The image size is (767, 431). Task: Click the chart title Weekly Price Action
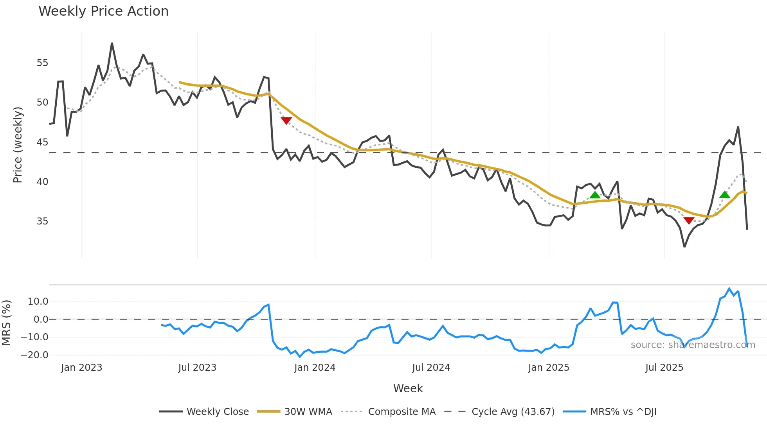point(103,11)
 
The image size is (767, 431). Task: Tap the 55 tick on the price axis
point(42,63)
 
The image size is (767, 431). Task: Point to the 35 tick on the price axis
point(42,221)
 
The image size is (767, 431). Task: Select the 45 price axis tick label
point(42,142)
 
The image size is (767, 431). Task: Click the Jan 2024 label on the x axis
point(315,368)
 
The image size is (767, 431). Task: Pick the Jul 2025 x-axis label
point(664,368)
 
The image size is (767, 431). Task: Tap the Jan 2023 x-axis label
point(81,368)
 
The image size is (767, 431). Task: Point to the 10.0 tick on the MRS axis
point(38,302)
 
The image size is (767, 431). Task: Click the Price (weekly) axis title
point(18,145)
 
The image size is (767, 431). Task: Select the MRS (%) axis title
point(6,323)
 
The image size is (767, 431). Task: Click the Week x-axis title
point(408,388)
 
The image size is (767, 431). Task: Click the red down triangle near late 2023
point(286,121)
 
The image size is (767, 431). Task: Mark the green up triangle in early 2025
point(595,195)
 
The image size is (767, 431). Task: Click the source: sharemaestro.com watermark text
point(693,345)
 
